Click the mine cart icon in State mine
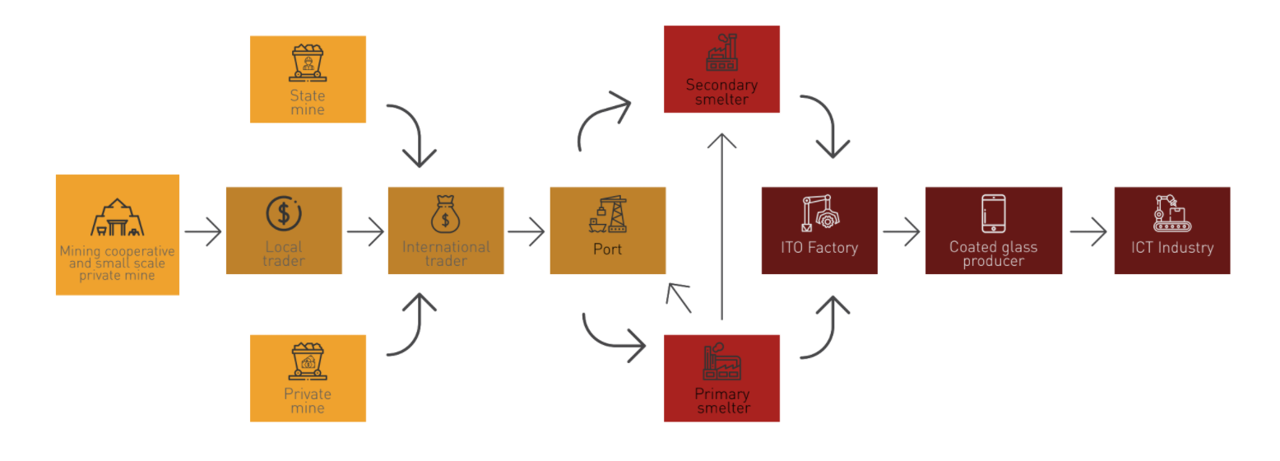308,63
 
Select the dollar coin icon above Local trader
284,213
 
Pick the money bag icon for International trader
445,214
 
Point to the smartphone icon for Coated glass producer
993,213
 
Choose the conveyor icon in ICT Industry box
1171,213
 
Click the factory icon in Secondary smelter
721,54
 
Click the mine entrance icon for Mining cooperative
118,218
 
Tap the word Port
607,248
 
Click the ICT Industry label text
1172,247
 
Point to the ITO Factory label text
819,247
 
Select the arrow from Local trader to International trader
365,231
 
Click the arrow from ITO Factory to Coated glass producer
901,231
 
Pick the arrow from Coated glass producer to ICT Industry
1088,231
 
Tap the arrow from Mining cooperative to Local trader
203,231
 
